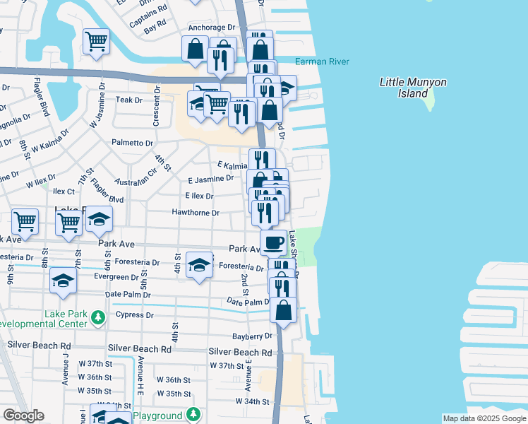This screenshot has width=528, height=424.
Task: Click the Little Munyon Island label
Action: (x=413, y=88)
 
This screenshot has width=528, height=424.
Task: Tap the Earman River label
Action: (x=322, y=62)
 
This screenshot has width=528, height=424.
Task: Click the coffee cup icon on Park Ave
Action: (x=273, y=242)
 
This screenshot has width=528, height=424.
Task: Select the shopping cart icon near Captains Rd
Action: (x=95, y=40)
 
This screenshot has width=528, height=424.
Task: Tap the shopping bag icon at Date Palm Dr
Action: (x=283, y=310)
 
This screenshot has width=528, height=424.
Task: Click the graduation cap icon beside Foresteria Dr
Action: (x=200, y=264)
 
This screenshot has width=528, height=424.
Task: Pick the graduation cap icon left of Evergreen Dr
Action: (x=63, y=280)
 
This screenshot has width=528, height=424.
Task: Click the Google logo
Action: (x=23, y=416)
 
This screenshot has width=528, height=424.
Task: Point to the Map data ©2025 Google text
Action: (x=484, y=418)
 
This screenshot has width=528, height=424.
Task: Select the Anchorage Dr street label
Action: (x=211, y=28)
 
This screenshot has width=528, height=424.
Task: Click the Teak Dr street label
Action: (x=129, y=100)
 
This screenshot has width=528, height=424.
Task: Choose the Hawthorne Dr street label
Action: (x=196, y=213)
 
